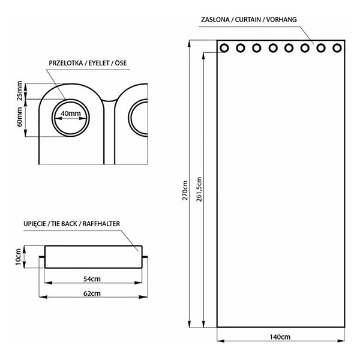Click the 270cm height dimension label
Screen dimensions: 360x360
click(186, 190)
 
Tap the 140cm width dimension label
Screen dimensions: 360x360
click(281, 335)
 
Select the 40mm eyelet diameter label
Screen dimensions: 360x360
click(71, 114)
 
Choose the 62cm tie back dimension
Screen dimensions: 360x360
click(91, 293)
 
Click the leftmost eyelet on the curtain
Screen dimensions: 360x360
click(224, 49)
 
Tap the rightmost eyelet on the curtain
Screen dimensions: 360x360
click(337, 49)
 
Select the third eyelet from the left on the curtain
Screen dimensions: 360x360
click(256, 49)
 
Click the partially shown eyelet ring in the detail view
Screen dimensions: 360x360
click(139, 119)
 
